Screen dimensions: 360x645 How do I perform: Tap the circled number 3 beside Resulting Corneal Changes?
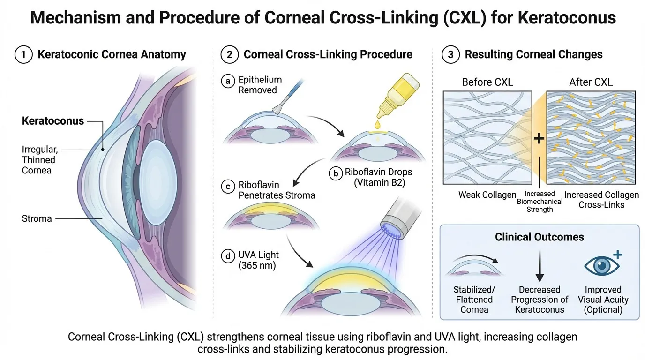(451, 54)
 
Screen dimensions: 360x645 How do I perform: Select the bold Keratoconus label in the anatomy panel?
(53, 121)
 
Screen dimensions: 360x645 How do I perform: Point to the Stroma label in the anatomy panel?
(37, 218)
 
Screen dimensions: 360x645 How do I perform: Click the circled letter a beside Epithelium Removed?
(228, 81)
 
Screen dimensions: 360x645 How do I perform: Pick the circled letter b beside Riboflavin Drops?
(336, 173)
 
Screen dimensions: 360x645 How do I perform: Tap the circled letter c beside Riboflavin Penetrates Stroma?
(228, 186)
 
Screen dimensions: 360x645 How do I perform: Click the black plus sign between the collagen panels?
(539, 139)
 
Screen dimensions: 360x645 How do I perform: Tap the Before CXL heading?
(487, 82)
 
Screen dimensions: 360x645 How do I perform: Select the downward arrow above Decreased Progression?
(540, 266)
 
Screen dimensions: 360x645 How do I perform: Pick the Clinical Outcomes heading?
(540, 237)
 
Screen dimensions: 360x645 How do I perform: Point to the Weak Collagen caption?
(487, 195)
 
